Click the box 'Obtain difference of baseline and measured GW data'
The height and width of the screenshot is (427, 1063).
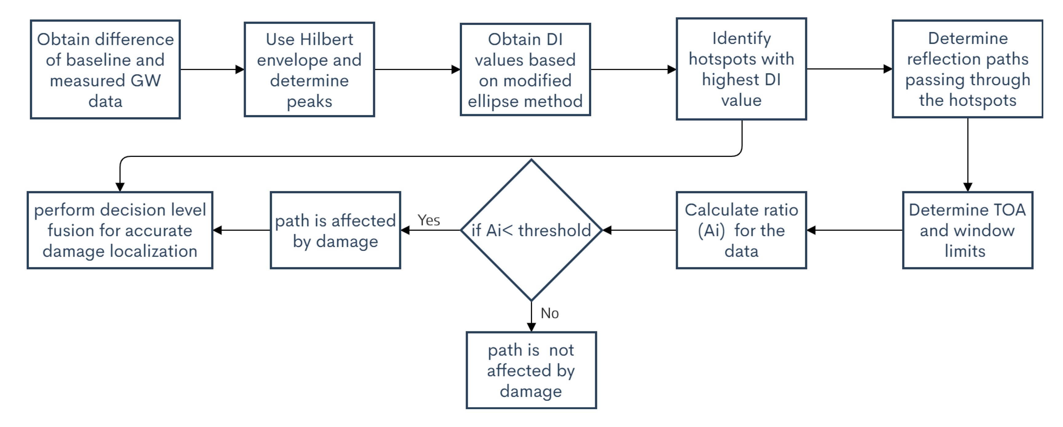(105, 69)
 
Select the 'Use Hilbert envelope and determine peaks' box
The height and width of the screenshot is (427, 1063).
(309, 69)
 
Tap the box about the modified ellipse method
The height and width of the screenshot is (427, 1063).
(525, 69)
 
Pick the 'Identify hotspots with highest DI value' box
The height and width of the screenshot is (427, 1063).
(741, 69)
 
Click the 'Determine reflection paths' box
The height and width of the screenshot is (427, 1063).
(967, 69)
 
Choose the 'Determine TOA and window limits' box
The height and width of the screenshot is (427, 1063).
(967, 230)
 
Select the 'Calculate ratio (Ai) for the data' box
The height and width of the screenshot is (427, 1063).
(741, 230)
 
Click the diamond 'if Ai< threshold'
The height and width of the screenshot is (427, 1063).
(531, 230)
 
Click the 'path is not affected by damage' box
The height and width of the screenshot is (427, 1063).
(531, 370)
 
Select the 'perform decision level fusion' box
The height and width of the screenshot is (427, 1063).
(120, 230)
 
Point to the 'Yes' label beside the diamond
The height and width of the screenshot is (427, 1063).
(429, 220)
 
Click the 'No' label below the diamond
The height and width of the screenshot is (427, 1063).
(550, 313)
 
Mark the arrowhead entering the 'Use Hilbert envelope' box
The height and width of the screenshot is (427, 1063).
(240, 69)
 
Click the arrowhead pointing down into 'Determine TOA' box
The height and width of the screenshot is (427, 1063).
(968, 187)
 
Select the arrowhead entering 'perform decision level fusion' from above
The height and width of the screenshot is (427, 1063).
(120, 187)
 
